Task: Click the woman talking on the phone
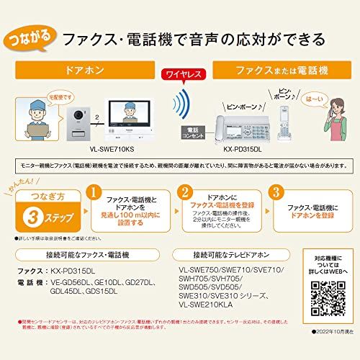pos(337,122)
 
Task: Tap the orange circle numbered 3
pos(274,193)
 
